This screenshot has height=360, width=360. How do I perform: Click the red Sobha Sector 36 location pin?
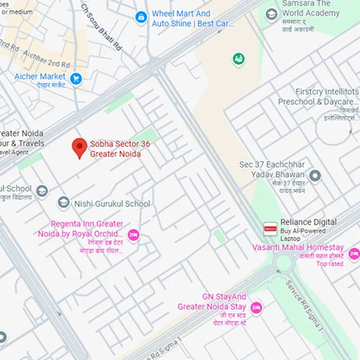coord(79,148)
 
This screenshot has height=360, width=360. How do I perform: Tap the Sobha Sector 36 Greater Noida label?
coord(120,149)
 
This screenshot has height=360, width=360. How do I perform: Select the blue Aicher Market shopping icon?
coord(76,79)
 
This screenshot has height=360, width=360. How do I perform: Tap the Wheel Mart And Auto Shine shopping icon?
coord(141,17)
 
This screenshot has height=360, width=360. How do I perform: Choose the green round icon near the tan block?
coord(238,58)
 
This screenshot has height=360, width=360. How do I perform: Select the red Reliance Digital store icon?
coord(270,228)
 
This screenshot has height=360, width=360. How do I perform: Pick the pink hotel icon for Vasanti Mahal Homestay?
coord(354,253)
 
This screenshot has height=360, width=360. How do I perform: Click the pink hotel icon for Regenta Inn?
coord(132,235)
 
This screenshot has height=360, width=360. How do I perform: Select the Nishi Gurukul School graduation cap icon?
coord(63,203)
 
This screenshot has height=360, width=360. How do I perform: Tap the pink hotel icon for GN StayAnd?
coord(256,307)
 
